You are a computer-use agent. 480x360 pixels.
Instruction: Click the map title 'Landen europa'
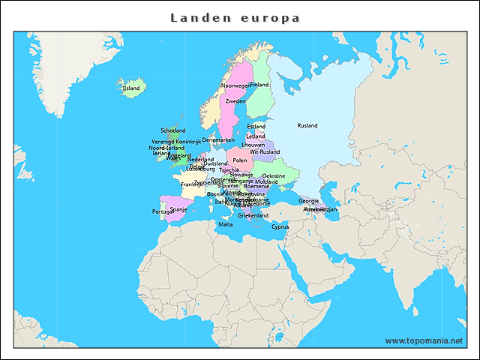click(x=235, y=17)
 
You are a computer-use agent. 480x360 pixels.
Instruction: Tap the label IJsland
click(x=130, y=88)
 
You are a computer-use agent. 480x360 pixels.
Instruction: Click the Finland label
click(x=259, y=85)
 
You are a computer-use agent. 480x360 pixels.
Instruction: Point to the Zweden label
click(x=235, y=100)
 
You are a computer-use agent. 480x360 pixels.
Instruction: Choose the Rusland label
click(x=307, y=125)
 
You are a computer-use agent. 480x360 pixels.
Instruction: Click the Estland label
click(x=256, y=126)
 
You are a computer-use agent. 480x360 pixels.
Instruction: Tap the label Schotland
click(x=173, y=130)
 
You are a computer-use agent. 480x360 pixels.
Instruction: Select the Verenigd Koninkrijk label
click(x=176, y=141)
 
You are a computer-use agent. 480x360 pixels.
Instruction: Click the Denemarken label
click(x=218, y=139)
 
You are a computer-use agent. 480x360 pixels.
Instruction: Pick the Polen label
click(x=239, y=160)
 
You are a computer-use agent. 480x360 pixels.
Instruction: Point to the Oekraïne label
click(x=273, y=175)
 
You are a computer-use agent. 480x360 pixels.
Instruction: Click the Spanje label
click(x=178, y=209)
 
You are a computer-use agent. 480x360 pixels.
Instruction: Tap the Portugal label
click(x=163, y=211)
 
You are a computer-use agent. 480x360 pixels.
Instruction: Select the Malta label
click(x=225, y=224)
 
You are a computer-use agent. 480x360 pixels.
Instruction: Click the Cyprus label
click(x=280, y=226)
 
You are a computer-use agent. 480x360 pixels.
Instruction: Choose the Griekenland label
click(x=253, y=215)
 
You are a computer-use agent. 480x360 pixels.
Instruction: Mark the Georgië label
click(x=308, y=200)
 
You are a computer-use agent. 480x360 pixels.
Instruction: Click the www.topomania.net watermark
click(x=424, y=340)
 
